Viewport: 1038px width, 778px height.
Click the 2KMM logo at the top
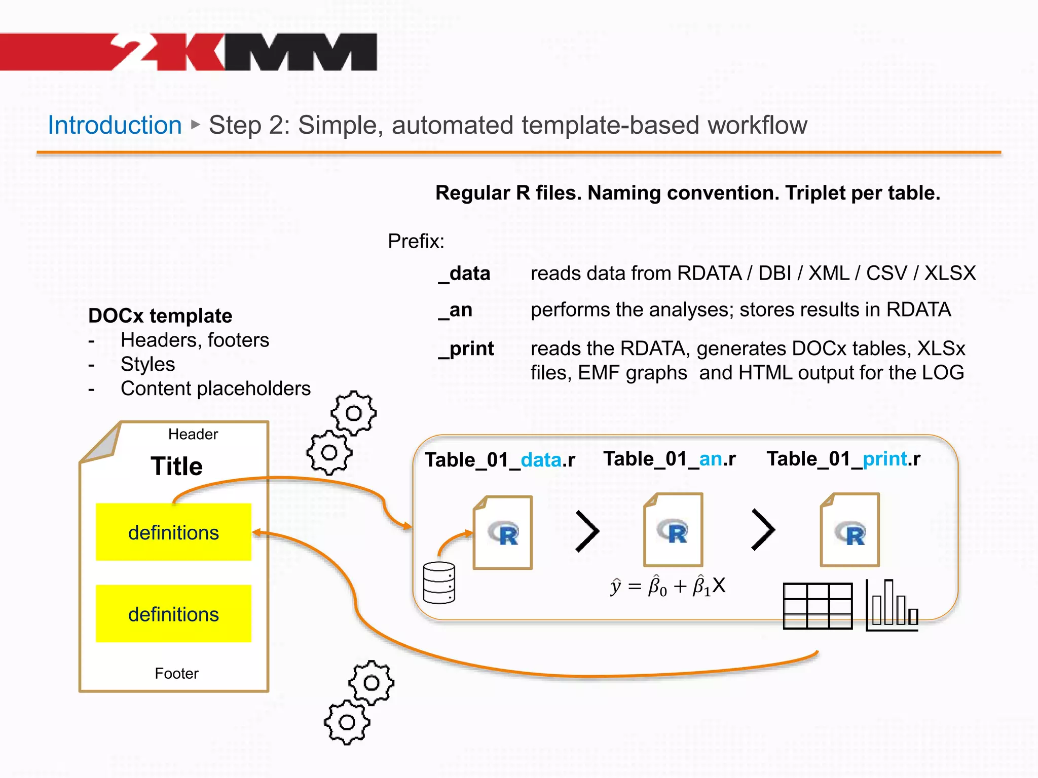[x=243, y=52]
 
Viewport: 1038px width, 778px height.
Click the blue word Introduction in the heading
[x=115, y=125]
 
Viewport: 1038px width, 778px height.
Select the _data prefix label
[x=464, y=274]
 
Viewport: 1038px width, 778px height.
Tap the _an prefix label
[x=455, y=310]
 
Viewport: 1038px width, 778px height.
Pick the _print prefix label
[x=466, y=348]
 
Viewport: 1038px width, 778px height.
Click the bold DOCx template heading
[x=160, y=316]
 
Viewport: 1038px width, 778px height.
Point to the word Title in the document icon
[x=176, y=466]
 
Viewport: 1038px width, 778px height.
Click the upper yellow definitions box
[x=173, y=532]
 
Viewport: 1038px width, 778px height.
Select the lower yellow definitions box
[x=173, y=614]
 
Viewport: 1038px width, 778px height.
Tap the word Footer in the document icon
[x=176, y=673]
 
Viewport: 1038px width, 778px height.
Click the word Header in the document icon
[x=193, y=434]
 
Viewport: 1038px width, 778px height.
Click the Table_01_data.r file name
[x=500, y=460]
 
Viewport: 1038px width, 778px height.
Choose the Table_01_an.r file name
[x=669, y=459]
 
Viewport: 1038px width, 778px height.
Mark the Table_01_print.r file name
[x=843, y=459]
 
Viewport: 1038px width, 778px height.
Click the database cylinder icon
[x=439, y=582]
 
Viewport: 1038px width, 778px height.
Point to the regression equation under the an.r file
[x=668, y=586]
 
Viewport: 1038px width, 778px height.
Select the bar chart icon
[x=892, y=605]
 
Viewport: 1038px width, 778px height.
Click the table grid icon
[x=818, y=606]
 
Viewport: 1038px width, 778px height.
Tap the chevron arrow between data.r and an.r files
[x=588, y=531]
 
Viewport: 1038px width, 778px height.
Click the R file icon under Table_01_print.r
[x=850, y=530]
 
